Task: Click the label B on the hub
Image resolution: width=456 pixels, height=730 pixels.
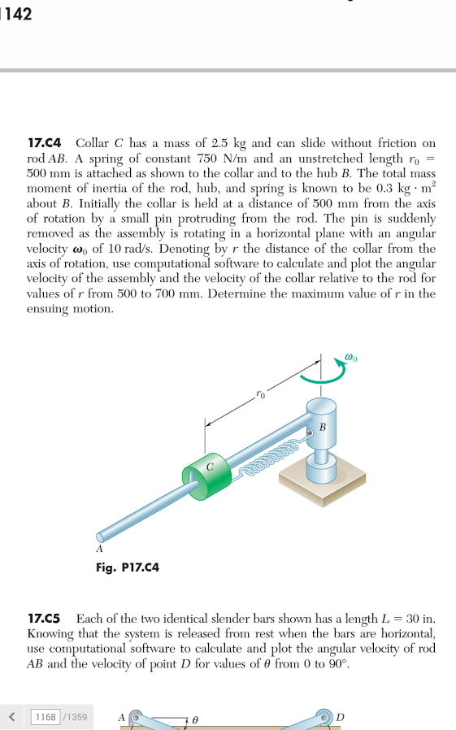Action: (x=324, y=426)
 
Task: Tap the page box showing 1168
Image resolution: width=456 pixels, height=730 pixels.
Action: (x=47, y=717)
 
